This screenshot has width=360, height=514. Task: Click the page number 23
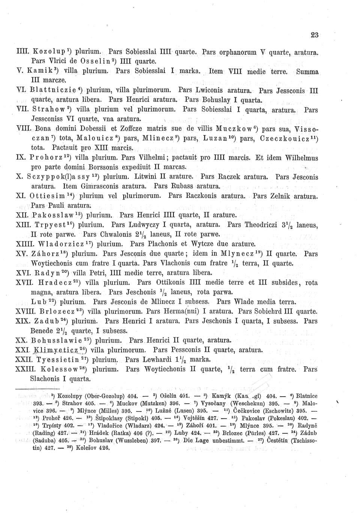[314, 35]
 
